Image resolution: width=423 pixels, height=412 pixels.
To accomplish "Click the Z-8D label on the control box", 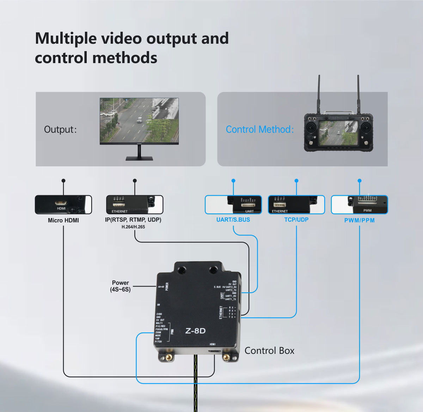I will tap(195, 331).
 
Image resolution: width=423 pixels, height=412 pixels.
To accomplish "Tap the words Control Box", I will tap(269, 351).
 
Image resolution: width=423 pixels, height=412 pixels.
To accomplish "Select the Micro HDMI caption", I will tap(63, 220).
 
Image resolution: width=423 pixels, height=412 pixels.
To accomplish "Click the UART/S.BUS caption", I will tap(233, 220).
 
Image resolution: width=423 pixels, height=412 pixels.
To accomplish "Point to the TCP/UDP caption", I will tap(296, 220).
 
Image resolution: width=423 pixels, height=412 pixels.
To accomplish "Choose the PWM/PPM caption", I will tap(359, 220).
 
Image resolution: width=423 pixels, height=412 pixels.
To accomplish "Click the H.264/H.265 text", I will tap(133, 227).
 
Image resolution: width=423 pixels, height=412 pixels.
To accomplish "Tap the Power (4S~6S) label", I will tap(120, 286).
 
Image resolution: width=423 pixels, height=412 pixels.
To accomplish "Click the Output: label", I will tap(60, 129).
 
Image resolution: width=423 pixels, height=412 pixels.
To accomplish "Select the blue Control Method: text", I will tap(259, 129).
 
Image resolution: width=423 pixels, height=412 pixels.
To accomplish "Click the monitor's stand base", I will tap(139, 159).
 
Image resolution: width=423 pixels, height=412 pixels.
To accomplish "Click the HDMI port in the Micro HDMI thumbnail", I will tap(61, 203).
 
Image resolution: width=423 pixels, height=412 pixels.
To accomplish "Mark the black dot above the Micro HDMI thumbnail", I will tap(63, 180).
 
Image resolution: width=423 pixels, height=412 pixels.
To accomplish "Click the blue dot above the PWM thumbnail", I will tap(359, 180).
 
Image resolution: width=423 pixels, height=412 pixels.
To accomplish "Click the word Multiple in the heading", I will tap(65, 38).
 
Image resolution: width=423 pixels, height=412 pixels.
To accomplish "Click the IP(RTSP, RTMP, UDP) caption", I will tap(133, 220).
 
